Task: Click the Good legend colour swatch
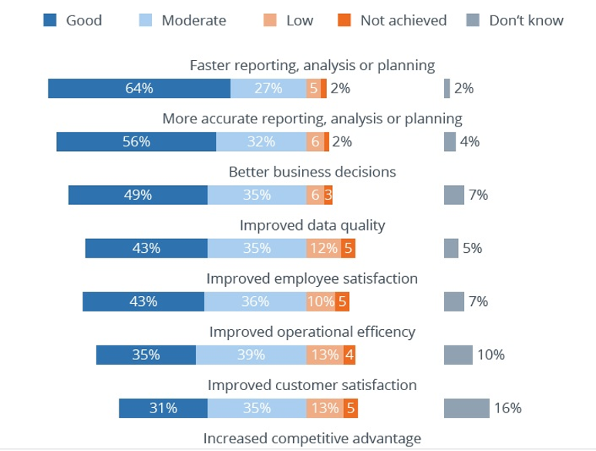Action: coord(50,20)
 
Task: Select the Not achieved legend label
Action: coord(403,20)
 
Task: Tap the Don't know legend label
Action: coord(526,20)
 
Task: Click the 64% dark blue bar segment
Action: coord(139,89)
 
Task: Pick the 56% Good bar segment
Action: coord(136,142)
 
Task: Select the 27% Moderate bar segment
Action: coord(268,89)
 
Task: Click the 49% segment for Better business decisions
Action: coord(137,195)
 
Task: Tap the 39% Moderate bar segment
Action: coord(251,355)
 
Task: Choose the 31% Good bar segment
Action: coord(163,408)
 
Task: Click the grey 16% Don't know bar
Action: coord(466,408)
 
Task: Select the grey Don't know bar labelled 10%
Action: coord(458,355)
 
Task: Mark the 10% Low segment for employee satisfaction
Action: coord(320,301)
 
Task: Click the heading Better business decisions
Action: coord(312,171)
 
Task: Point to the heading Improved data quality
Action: coord(312,225)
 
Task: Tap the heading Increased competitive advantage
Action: coord(312,439)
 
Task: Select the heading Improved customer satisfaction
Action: coord(312,385)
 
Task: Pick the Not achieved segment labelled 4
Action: coord(350,355)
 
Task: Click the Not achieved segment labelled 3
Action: coord(328,195)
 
